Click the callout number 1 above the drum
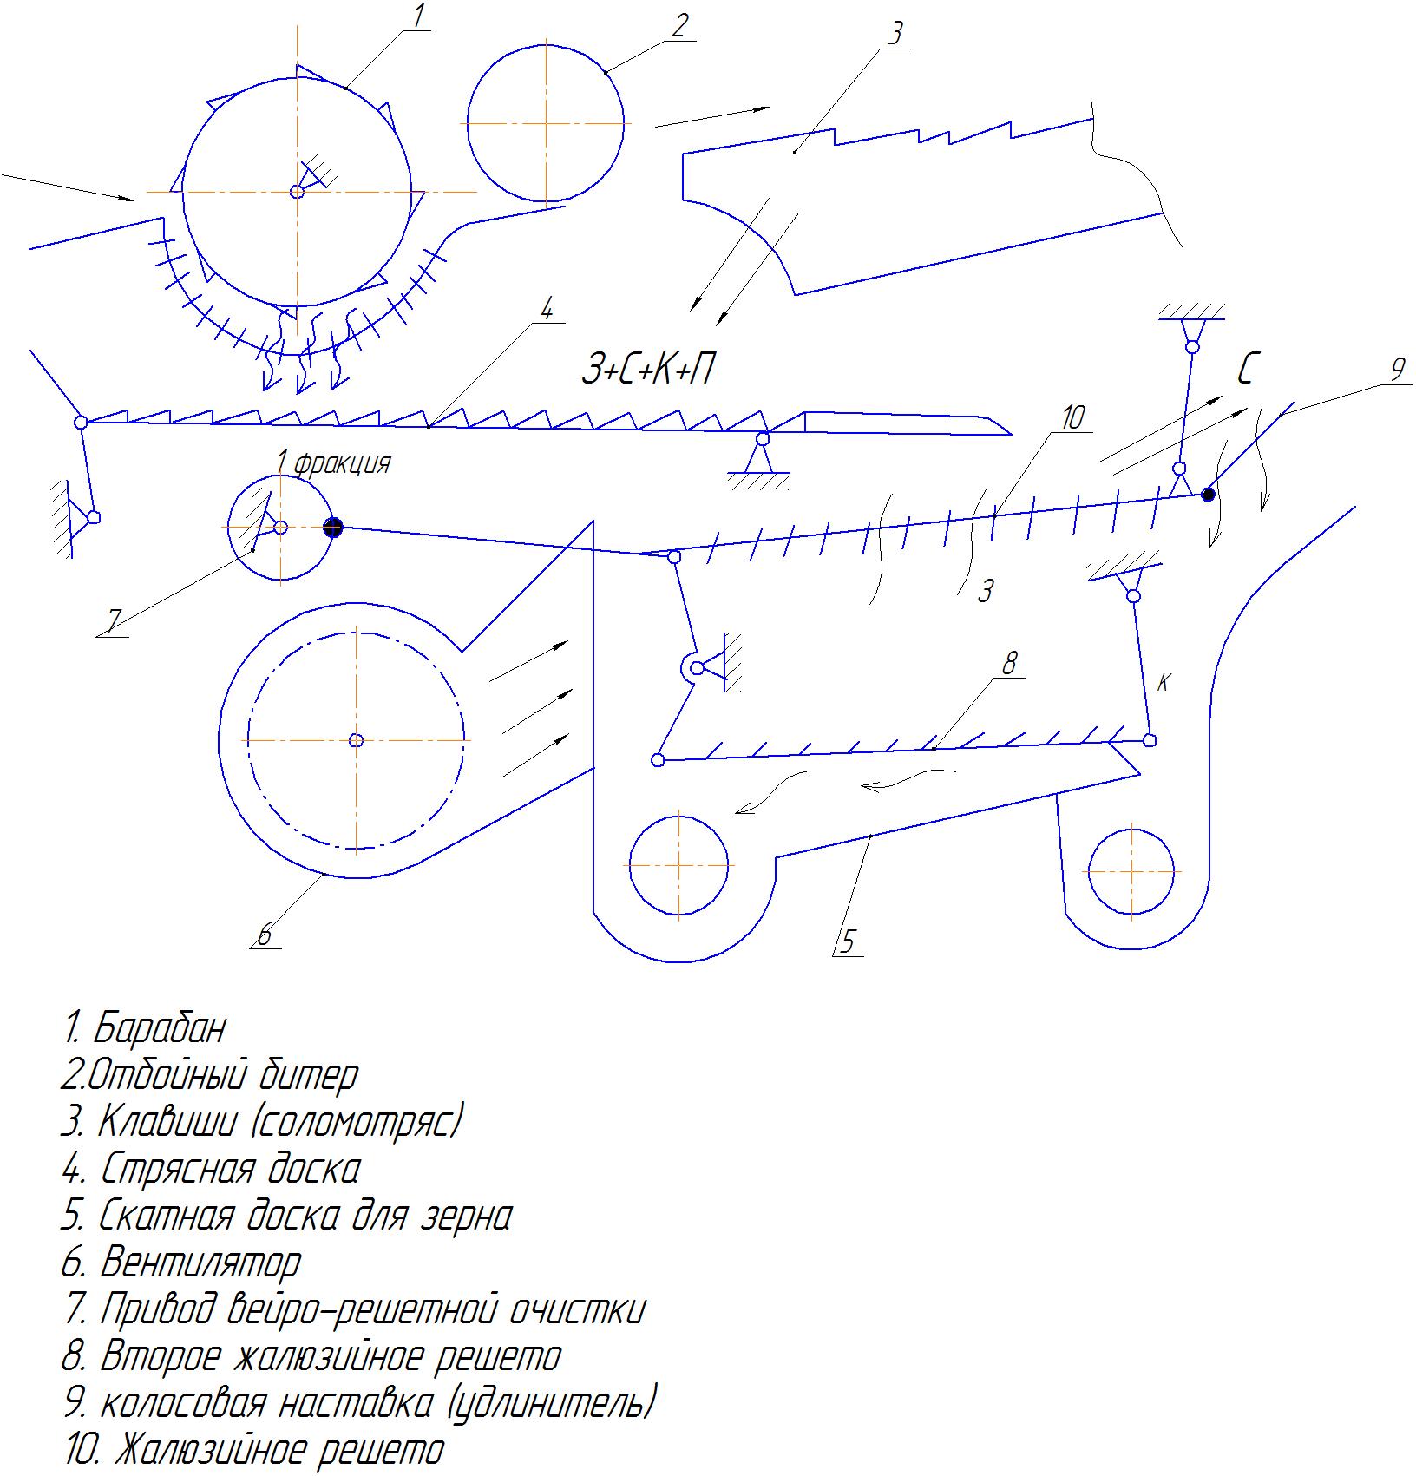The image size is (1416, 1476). [x=419, y=16]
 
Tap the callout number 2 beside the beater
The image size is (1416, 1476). [x=678, y=25]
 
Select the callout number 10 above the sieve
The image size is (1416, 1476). [x=1072, y=418]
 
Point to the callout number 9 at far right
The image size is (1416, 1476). [x=1397, y=371]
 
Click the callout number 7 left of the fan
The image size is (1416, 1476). [x=113, y=619]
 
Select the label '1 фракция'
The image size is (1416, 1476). [x=333, y=463]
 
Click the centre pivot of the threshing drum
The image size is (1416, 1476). [x=297, y=191]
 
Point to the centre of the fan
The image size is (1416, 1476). [x=355, y=740]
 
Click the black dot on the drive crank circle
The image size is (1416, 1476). [x=333, y=527]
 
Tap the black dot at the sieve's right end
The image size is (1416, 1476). [x=1208, y=495]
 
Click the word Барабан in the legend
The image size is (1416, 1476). [x=159, y=1028]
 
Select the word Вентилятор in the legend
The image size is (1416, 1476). [x=201, y=1262]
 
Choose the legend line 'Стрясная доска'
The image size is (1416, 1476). [x=210, y=1169]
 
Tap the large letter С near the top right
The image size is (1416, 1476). [x=1247, y=371]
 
